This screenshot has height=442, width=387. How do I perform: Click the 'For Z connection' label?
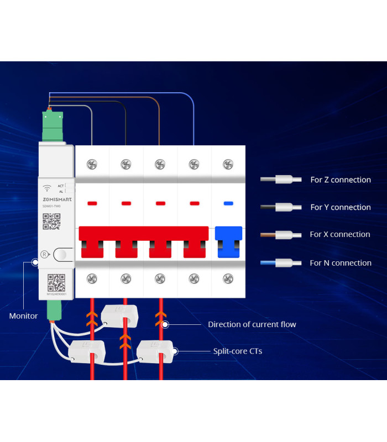pos(340,180)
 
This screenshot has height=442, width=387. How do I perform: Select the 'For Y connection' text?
pos(340,207)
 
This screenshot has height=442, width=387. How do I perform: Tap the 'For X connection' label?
pos(339,234)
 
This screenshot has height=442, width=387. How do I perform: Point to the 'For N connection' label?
pos(340,263)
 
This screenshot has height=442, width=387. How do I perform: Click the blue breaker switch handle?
pos(228,242)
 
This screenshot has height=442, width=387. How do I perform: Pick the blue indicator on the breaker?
pos(228,204)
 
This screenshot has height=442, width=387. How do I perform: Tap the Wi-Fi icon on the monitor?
pos(48,188)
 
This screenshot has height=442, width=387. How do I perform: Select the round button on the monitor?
pos(62,255)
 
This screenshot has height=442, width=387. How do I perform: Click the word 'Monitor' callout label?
pos(24,316)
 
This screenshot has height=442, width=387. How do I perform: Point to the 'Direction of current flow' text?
pos(252,324)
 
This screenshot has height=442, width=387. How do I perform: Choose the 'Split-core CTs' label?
pos(238,351)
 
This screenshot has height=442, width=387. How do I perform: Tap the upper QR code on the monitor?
pos(51,220)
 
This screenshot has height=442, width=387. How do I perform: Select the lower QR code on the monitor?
pos(56,282)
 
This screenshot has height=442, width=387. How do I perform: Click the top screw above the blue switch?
pos(228,164)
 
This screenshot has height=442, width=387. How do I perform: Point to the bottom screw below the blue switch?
pos(228,278)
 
